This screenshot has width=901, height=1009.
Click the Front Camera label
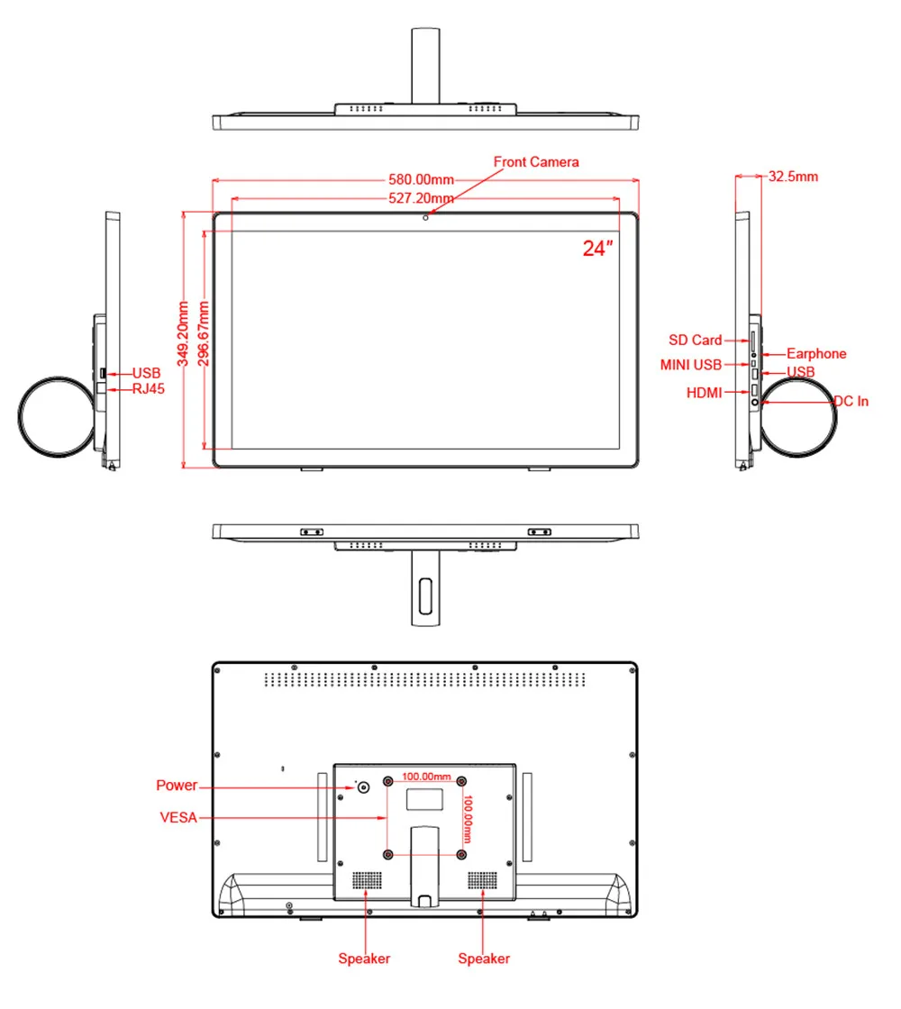coord(535,162)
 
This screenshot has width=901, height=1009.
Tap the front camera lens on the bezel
coord(425,216)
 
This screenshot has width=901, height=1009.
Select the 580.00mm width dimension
coord(421,179)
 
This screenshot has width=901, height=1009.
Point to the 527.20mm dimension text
coord(421,198)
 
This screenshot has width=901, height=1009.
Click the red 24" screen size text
coord(596,249)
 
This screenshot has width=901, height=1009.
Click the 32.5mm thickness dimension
coord(792,177)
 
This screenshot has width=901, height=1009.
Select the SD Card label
coord(695,341)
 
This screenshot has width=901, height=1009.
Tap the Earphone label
coord(816,354)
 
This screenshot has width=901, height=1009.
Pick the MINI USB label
coord(690,365)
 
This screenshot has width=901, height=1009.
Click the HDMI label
coord(704,393)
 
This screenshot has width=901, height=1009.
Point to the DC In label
coord(851,402)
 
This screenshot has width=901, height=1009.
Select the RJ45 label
coord(148,389)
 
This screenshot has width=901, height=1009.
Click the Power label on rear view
coord(176,786)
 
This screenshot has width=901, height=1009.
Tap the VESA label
coord(177,818)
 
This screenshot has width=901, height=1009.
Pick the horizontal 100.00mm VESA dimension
coord(425,776)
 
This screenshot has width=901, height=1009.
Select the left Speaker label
coord(364,959)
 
